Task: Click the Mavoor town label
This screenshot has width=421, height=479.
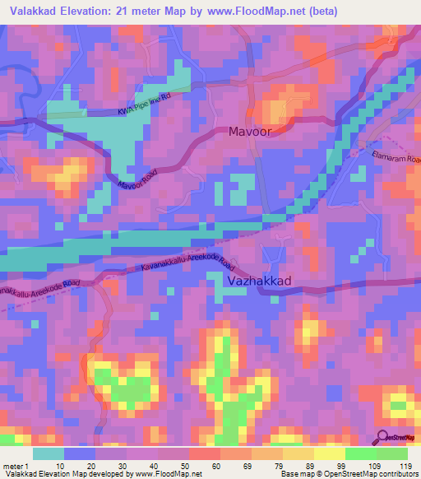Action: coord(249,131)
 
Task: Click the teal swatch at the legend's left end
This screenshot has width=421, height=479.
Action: coord(48,453)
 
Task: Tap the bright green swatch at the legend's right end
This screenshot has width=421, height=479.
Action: coord(391,453)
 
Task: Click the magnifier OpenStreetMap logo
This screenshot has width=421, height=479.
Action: coord(385,439)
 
